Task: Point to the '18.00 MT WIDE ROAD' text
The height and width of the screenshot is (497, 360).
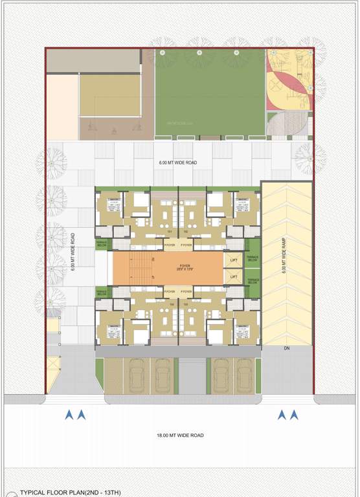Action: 179,436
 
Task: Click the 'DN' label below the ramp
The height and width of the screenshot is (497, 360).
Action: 286,349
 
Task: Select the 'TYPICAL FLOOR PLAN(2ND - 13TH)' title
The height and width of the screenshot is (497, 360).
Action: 63,492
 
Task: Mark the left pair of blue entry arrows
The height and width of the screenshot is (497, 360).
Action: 75,415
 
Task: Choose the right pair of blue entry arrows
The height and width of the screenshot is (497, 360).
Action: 287,415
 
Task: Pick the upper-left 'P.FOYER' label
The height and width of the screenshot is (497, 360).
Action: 170,246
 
